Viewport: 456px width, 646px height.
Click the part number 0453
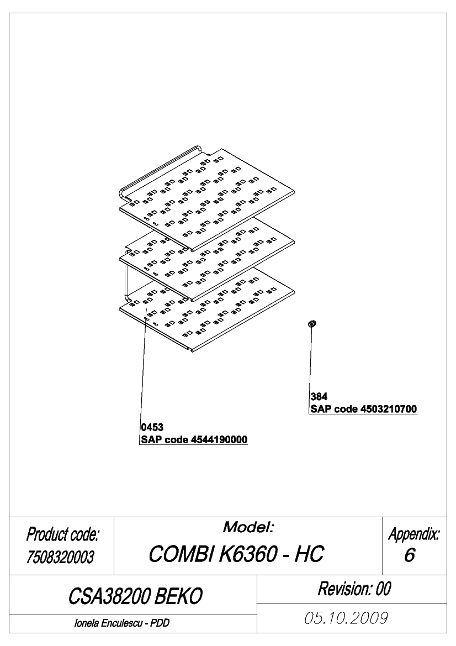click(152, 427)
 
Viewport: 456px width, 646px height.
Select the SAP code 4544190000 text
click(194, 439)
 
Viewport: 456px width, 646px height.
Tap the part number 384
click(319, 396)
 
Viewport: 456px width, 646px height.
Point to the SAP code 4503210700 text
click(364, 409)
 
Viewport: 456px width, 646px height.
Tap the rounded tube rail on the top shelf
click(156, 169)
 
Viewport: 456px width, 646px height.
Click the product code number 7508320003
click(61, 557)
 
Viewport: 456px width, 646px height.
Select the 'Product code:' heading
click(62, 534)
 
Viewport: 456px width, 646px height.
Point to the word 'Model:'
click(248, 527)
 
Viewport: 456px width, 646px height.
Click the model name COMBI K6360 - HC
click(236, 554)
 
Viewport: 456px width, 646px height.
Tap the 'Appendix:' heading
click(413, 534)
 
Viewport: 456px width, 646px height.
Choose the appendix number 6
click(409, 555)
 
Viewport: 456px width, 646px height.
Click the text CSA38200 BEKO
click(135, 596)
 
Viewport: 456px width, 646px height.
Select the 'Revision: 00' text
click(354, 589)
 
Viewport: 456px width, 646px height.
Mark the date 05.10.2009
click(346, 618)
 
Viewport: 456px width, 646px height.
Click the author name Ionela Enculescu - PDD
click(122, 623)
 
